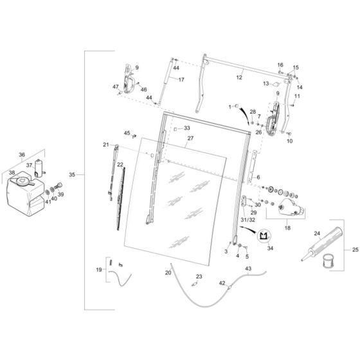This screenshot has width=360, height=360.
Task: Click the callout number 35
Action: [72, 174]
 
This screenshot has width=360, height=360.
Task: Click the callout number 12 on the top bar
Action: [240, 76]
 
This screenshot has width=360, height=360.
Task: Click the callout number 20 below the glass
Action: [168, 273]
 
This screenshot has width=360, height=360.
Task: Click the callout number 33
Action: [187, 129]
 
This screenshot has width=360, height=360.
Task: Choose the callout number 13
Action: [265, 84]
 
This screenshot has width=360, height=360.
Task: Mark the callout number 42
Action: [222, 282]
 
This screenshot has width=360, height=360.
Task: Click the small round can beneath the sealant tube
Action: [329, 262]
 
